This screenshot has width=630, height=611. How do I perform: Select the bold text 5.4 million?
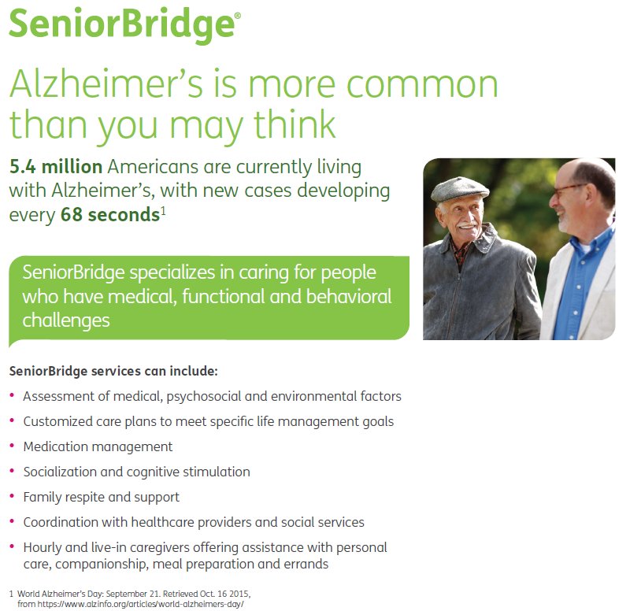click(56, 167)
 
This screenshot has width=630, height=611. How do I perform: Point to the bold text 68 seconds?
click(109, 214)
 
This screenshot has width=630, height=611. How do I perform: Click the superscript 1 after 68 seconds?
click(162, 209)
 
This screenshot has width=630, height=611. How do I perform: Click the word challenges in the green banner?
click(66, 320)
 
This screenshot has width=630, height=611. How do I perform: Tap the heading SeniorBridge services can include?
click(113, 370)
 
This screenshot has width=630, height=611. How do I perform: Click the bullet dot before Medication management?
click(12, 446)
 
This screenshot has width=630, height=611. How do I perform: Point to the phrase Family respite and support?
click(102, 497)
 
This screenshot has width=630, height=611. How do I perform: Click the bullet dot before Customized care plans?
click(12, 420)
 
